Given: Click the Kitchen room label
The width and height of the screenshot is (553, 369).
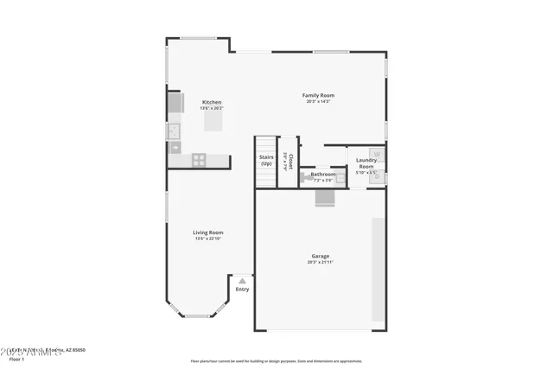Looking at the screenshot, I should pos(212,101).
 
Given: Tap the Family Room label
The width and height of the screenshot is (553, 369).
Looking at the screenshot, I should pos(318,95).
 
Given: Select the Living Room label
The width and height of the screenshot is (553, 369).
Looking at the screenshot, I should pos(208,232).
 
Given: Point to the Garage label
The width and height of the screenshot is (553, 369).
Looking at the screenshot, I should pos(321,256).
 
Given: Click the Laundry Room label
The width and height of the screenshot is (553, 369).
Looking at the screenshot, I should pos(366,162).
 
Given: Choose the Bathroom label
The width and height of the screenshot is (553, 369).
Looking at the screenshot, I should pos(323,175).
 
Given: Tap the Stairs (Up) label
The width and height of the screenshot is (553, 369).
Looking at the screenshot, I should pos(266,160).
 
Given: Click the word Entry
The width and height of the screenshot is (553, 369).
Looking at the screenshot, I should pos(242,289).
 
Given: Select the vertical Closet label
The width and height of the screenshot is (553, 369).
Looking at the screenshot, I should pos(290,162).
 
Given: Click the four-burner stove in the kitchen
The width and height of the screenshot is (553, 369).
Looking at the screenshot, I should pos(198,160).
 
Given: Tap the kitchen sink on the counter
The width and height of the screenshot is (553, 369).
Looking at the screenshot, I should pos(174,130).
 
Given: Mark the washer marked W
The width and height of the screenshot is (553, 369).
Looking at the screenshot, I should pos(377,154).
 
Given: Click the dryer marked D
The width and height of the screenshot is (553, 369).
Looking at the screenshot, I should pos(377,176).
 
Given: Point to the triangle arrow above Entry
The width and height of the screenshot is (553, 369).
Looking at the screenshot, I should pos(243,281).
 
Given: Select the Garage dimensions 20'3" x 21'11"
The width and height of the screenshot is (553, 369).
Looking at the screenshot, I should pos(321,262).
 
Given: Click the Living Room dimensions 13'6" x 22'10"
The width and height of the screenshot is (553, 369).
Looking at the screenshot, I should pos(208,239).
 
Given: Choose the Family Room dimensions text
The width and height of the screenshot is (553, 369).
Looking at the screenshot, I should pos(318,101).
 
